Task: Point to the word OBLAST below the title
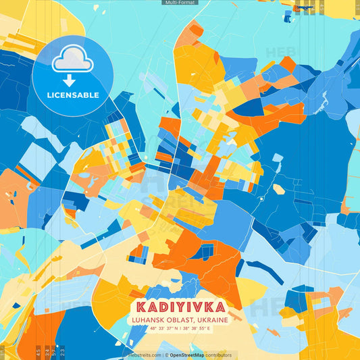[180, 319]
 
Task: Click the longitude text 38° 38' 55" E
[197, 328]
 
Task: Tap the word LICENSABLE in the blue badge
[73, 95]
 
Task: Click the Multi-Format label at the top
[180, 3]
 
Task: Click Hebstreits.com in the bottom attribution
[145, 355]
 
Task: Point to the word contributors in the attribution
[219, 355]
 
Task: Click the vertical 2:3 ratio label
[63, 352]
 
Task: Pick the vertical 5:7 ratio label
[54, 352]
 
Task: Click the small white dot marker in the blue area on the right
[261, 199]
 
